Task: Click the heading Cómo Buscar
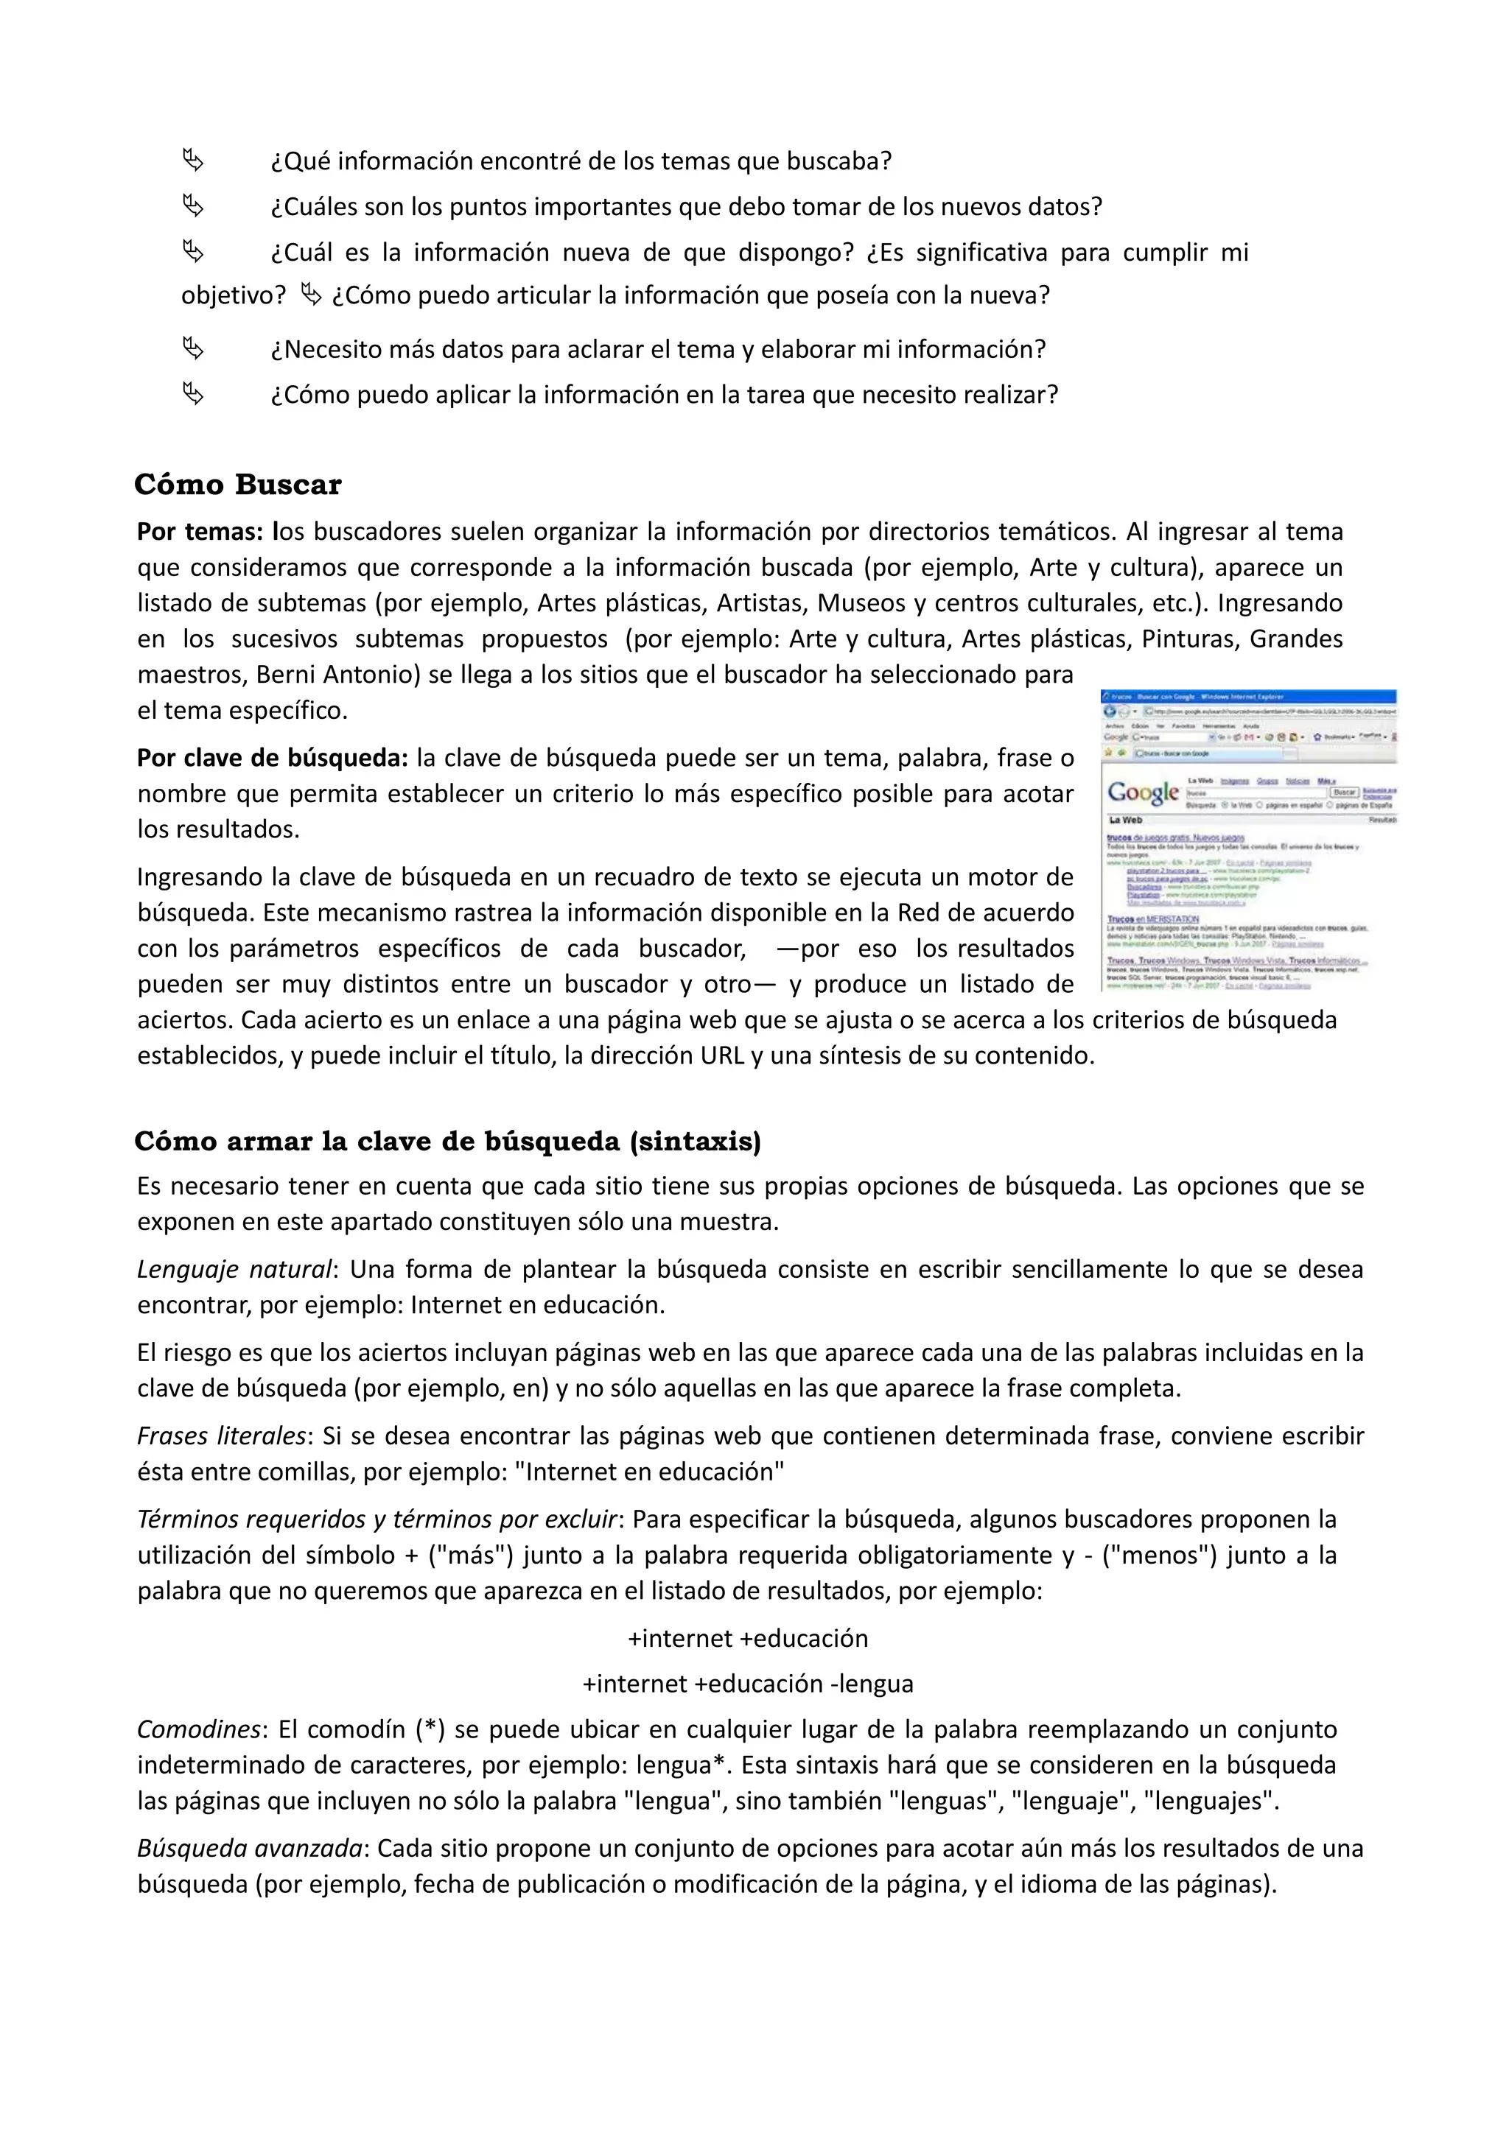[238, 484]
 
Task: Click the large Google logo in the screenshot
[1143, 793]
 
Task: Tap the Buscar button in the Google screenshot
[1345, 793]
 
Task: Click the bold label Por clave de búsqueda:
[272, 757]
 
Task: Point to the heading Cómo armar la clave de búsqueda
[447, 1141]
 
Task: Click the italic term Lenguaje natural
[234, 1269]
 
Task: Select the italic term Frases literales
[221, 1436]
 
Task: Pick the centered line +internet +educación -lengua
[748, 1684]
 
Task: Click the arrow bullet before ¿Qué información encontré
[193, 161]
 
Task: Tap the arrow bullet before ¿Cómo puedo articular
[311, 295]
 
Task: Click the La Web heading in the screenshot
[1125, 820]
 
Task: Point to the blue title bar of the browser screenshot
[1249, 696]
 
